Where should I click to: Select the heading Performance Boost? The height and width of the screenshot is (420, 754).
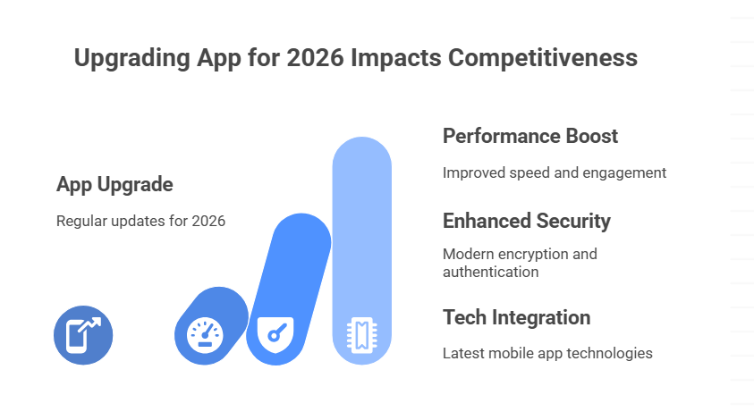(530, 137)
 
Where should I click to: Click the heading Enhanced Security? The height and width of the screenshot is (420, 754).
(527, 221)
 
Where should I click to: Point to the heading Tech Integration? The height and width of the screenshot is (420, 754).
(516, 317)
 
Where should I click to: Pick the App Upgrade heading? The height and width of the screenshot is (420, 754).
(114, 185)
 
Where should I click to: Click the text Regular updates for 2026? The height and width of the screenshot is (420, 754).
(140, 221)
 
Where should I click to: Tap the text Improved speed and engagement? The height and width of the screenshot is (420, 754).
(555, 172)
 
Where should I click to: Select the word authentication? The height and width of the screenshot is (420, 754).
(490, 272)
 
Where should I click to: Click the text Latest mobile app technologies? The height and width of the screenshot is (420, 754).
(547, 353)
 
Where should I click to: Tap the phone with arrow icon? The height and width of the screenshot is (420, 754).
(83, 335)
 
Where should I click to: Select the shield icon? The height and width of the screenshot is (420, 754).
(275, 334)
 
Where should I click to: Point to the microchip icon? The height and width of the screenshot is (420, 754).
(362, 335)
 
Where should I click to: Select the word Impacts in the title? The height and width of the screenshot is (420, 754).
(396, 58)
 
